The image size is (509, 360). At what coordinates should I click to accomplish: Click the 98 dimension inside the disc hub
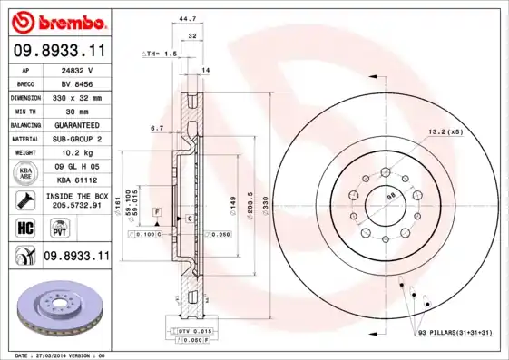click(391, 195)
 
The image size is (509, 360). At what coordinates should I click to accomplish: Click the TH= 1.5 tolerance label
click(160, 54)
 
